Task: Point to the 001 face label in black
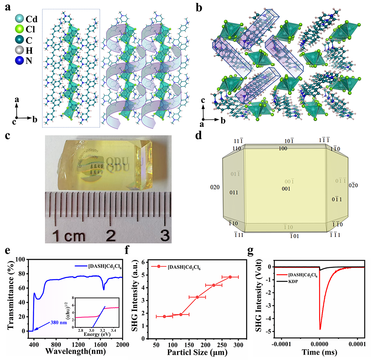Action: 286,189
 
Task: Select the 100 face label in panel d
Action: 283,148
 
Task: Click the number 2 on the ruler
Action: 110,234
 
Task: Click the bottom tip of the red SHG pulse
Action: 320,329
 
